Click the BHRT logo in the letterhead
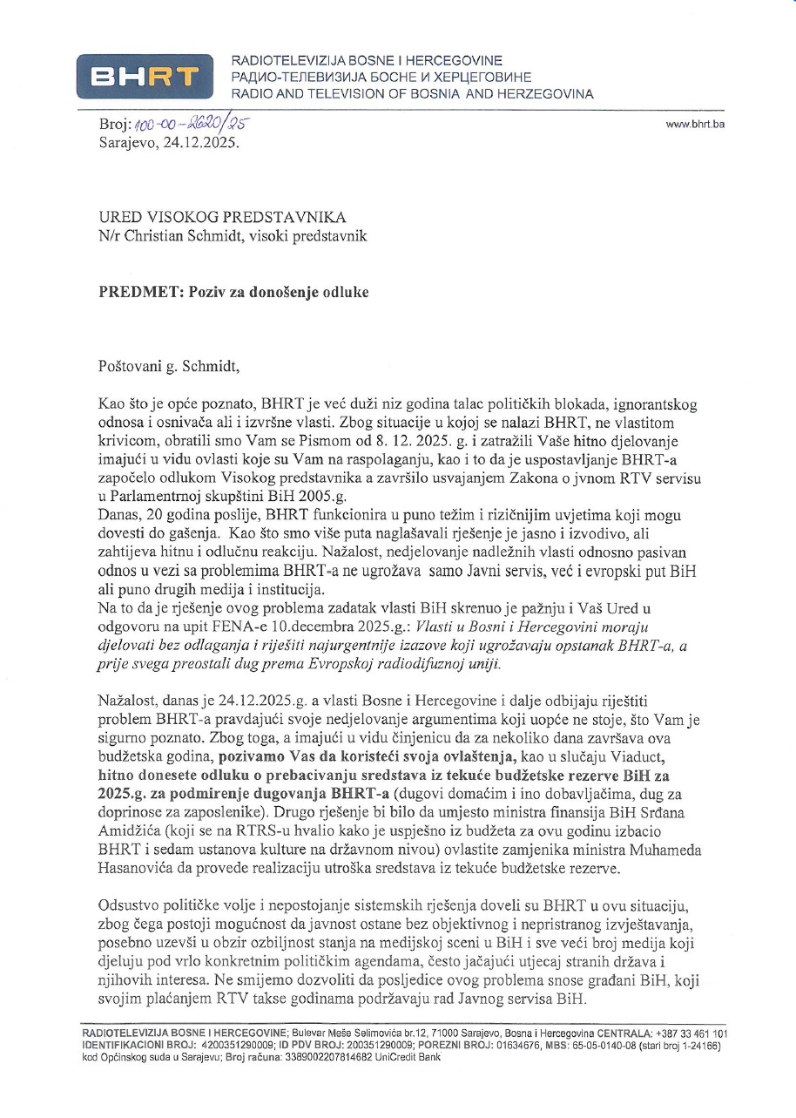pos(145,77)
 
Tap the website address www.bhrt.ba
pos(695,124)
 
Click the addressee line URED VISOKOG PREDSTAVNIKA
pos(222,217)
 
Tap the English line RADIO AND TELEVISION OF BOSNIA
pos(412,93)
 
